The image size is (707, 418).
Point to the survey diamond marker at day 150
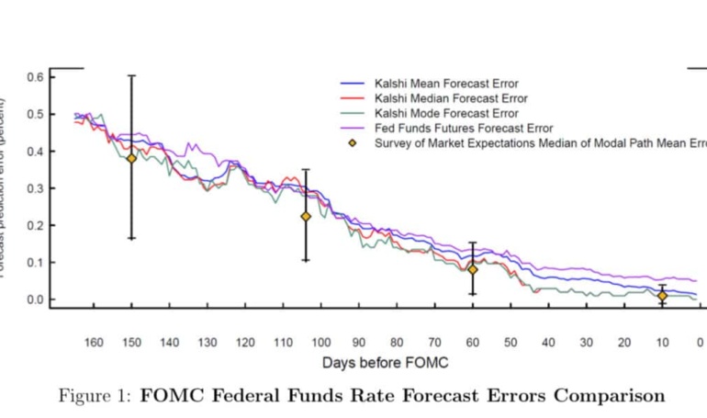click(x=131, y=158)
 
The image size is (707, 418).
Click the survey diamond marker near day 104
click(x=306, y=217)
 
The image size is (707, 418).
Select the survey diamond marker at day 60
click(x=473, y=269)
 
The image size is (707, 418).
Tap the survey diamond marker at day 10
click(x=662, y=296)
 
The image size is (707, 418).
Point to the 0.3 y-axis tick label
click(x=34, y=188)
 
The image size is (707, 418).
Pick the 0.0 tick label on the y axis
click(x=34, y=299)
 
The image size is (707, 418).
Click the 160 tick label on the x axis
click(x=94, y=343)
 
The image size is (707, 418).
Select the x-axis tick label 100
click(x=320, y=343)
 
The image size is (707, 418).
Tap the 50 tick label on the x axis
click(x=510, y=343)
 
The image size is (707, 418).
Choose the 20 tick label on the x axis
click(x=623, y=343)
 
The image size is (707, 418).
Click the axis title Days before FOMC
click(x=385, y=363)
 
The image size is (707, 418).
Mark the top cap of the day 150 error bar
click(x=131, y=75)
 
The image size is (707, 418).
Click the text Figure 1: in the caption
click(x=95, y=396)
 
